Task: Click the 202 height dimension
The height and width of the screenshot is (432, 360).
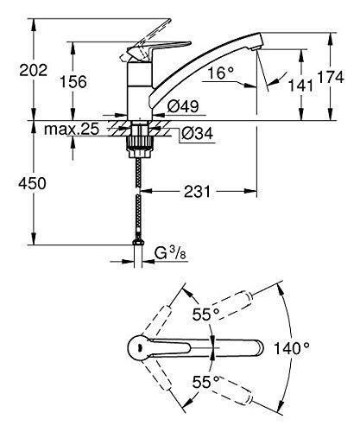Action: [x=33, y=70]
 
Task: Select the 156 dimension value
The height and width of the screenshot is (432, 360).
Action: [x=73, y=82]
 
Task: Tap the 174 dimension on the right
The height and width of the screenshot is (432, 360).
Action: [x=331, y=77]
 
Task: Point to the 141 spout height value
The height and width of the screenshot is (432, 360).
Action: [x=300, y=86]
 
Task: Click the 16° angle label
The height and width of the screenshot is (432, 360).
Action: [x=221, y=73]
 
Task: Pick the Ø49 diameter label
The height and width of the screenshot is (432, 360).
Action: [x=183, y=106]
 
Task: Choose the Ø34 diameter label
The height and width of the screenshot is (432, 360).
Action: [x=198, y=134]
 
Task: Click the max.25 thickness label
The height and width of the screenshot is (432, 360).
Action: [x=72, y=130]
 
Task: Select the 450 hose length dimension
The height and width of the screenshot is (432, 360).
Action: [x=32, y=183]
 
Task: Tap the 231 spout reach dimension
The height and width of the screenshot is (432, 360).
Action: [x=198, y=191]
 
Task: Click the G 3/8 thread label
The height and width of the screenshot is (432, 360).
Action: [x=170, y=253]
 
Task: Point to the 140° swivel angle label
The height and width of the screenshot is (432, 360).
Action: [x=291, y=348]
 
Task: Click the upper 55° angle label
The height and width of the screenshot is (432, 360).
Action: [x=206, y=314]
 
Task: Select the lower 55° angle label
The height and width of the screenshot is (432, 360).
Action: [x=206, y=382]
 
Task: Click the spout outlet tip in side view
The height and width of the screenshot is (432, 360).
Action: [x=256, y=49]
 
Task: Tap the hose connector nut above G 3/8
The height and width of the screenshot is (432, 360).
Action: [x=138, y=242]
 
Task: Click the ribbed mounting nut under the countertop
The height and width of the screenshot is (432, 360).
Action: [x=140, y=143]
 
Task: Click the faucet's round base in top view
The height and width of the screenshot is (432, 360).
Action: [x=140, y=348]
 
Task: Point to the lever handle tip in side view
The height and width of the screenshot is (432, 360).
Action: [x=188, y=43]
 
